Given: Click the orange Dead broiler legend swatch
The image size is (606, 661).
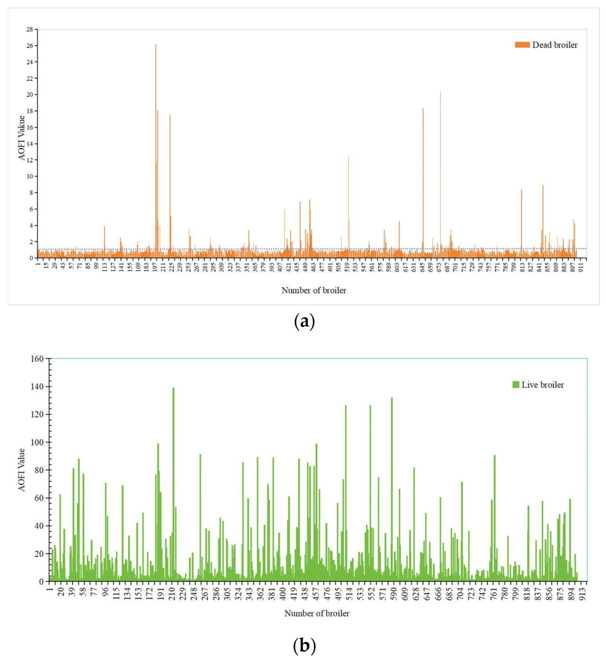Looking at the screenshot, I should click(522, 45).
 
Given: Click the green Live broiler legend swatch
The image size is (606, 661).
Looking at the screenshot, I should click(516, 385).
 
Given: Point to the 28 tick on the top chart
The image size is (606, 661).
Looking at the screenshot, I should click(30, 29).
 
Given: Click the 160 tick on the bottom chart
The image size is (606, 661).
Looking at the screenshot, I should click(37, 359).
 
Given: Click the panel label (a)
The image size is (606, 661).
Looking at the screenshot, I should click(304, 322).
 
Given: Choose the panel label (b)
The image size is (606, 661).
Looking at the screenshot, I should click(304, 645).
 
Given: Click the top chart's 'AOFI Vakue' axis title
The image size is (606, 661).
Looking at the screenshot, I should click(22, 138).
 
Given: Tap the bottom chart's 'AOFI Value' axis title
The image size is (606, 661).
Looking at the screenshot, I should click(22, 470).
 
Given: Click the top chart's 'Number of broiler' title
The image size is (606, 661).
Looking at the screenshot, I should click(314, 290).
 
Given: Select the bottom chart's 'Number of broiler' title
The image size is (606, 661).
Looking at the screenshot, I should click(317, 614).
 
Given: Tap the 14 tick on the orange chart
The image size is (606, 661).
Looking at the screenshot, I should click(30, 144).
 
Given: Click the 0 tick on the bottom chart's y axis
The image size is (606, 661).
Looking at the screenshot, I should click(41, 581).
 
